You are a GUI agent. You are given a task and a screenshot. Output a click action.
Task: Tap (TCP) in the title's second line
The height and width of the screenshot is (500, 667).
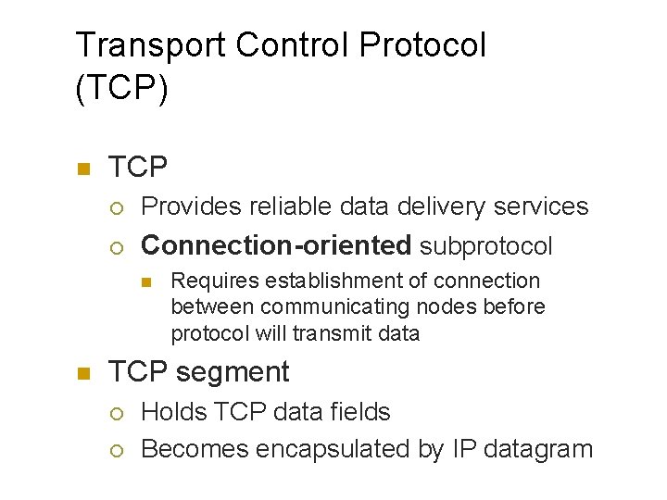121,90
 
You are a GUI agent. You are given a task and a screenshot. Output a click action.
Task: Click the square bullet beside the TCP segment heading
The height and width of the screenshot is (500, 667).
82,373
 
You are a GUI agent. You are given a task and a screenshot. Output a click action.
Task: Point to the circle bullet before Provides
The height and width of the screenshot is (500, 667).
116,206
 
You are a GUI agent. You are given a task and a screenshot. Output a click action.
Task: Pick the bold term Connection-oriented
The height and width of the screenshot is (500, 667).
275,245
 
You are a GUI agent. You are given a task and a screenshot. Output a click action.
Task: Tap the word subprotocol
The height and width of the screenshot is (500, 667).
485,245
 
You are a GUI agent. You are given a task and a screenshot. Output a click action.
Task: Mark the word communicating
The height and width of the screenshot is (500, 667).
333,306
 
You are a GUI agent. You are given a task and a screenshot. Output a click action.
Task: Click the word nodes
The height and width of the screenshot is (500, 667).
436,306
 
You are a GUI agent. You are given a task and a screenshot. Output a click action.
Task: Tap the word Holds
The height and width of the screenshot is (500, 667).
172,411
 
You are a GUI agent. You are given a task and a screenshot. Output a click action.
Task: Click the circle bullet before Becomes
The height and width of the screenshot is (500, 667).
116,450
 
